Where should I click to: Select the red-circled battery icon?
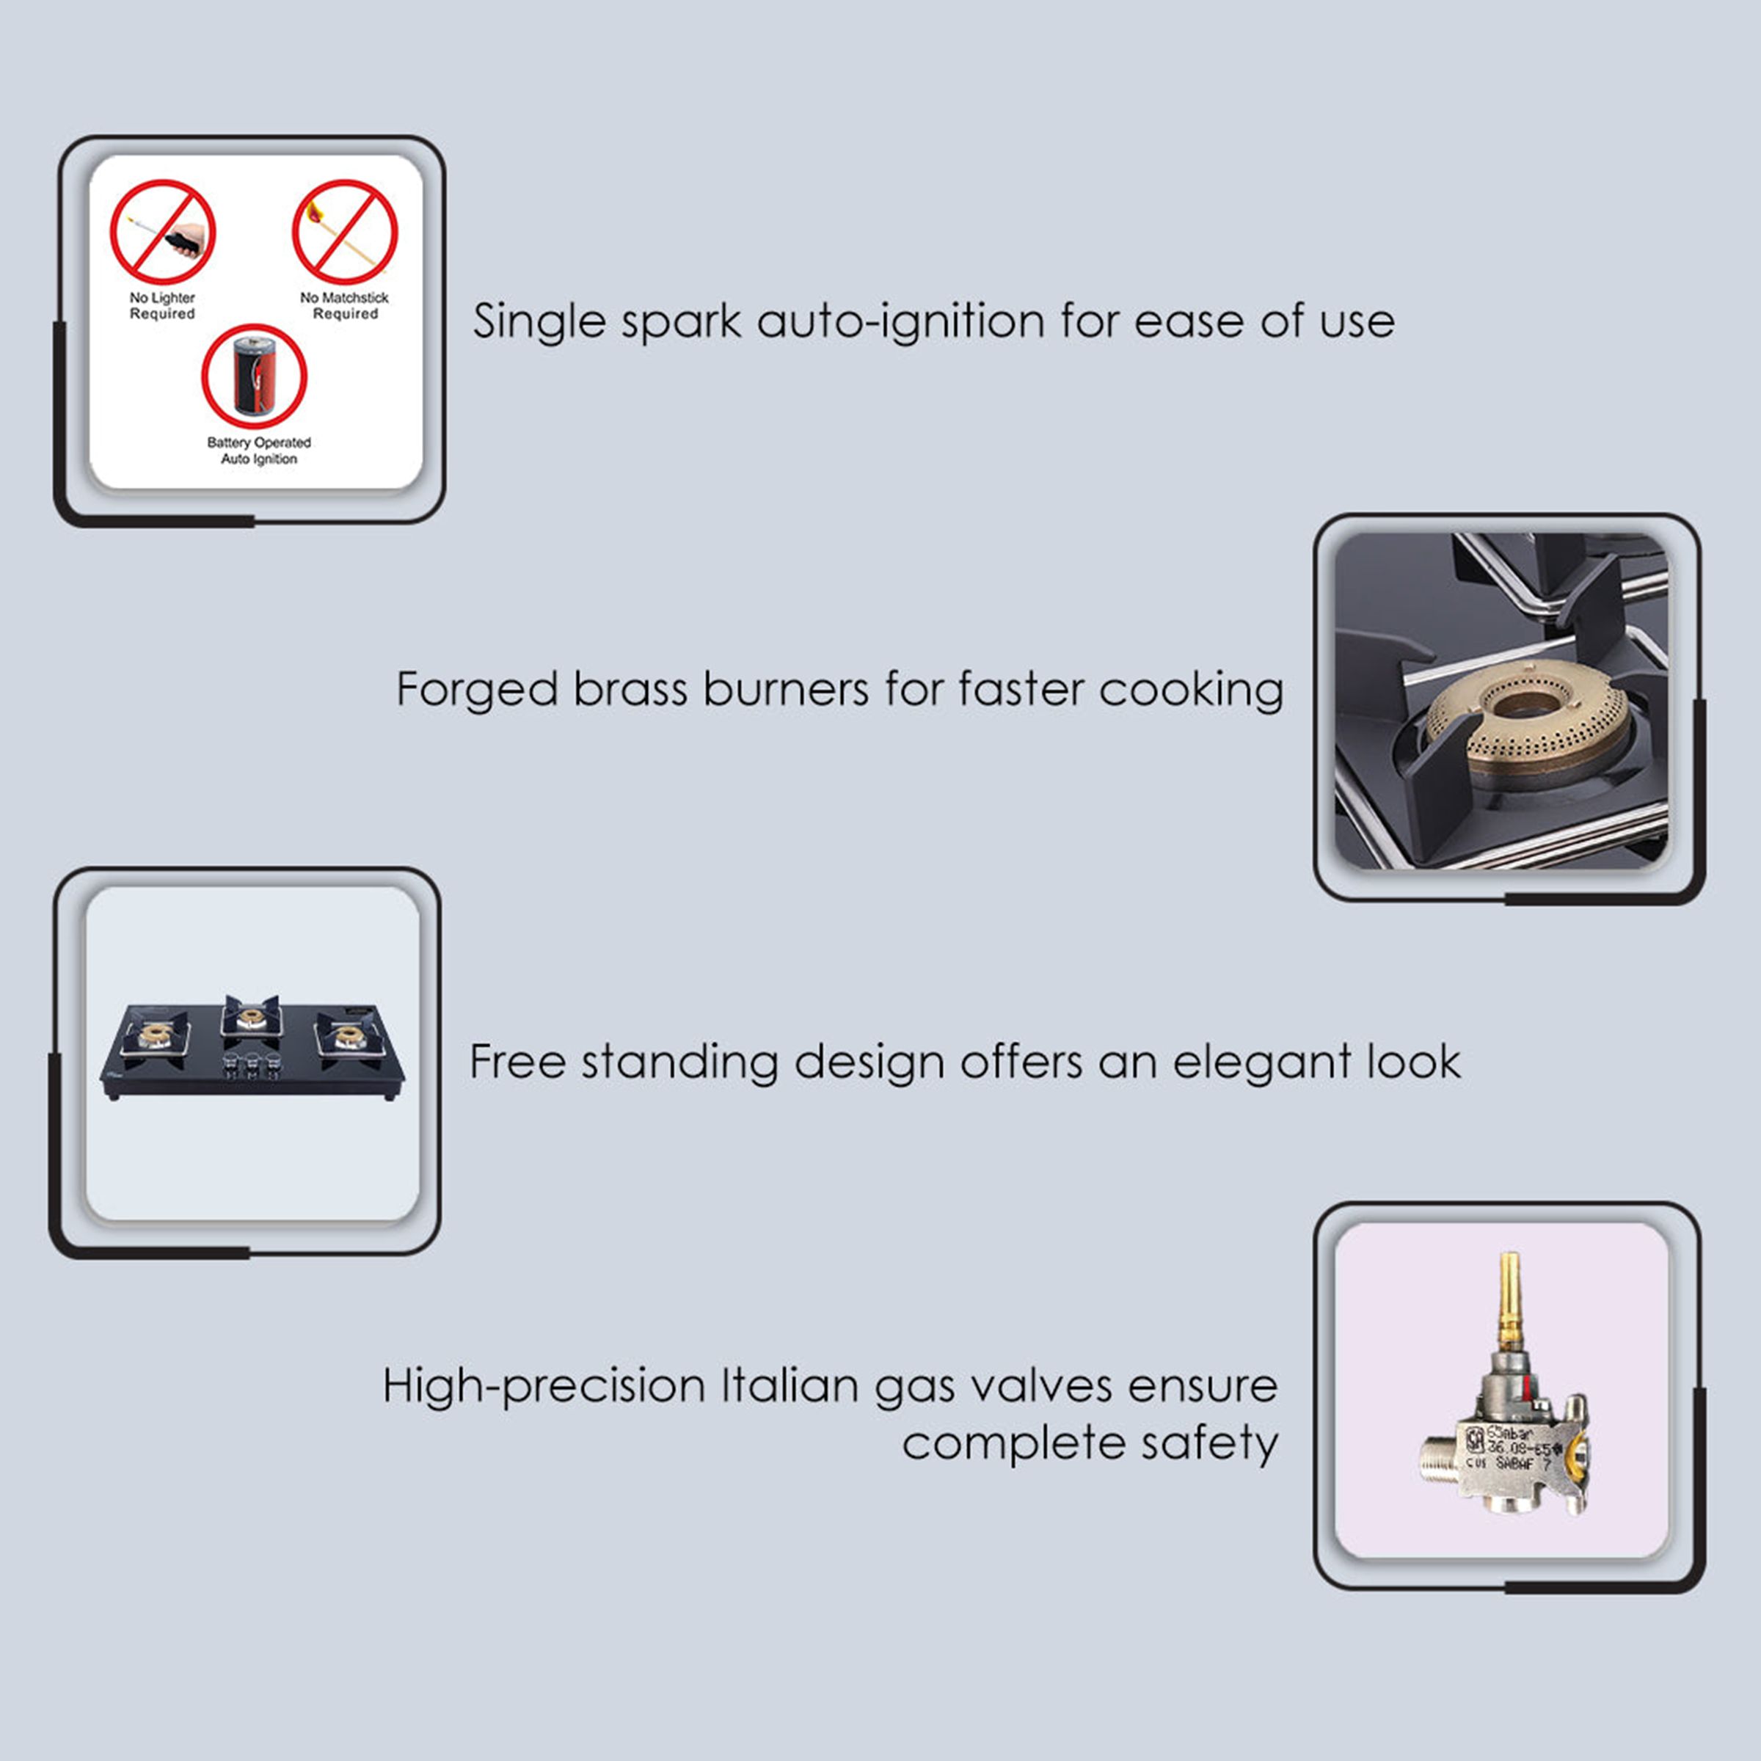255,376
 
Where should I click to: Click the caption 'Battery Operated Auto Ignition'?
259,451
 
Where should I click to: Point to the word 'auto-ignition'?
900,322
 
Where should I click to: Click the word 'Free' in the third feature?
517,1062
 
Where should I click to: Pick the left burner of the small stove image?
155,1035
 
